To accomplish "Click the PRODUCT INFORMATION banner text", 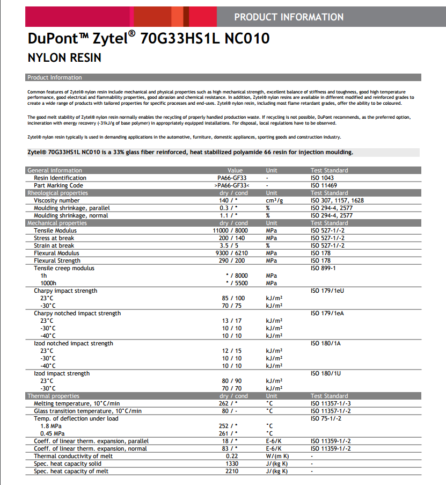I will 289,17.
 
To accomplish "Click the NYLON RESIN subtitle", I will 64,57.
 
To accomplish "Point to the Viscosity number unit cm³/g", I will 274,200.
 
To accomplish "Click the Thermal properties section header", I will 53,396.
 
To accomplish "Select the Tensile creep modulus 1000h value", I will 236,283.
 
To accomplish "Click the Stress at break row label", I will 54,238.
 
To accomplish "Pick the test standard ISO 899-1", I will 323,268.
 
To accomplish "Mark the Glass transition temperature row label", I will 87,411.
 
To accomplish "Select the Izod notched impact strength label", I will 74,343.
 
